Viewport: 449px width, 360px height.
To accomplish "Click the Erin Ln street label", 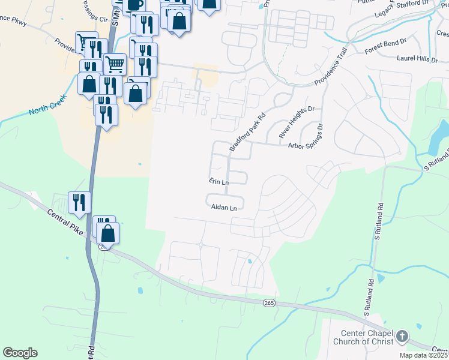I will tap(219, 181).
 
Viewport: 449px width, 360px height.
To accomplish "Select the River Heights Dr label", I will tap(297, 122).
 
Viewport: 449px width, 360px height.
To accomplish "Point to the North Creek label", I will tap(46, 107).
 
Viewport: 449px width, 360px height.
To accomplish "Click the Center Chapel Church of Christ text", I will tap(367, 337).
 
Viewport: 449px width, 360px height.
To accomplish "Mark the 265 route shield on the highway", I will tap(269, 304).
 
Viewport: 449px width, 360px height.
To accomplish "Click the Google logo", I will tap(20, 353).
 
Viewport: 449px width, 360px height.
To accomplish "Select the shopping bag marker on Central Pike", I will tap(109, 232).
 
